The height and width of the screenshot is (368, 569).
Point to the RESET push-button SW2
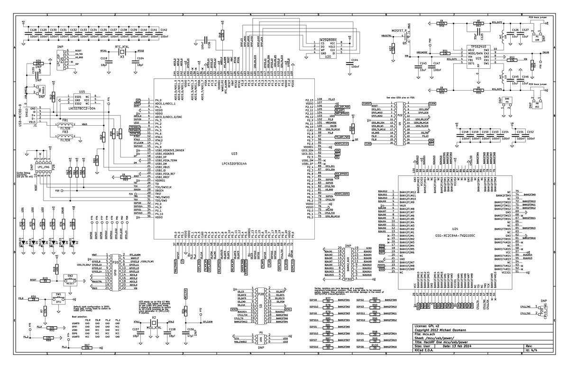pos(70,279)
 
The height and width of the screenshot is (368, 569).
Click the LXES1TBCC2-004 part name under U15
pos(82,108)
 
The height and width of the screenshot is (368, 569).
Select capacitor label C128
pos(34,30)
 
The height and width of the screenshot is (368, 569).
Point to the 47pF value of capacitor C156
pos(192,335)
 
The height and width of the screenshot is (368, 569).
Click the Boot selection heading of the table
pos(80,316)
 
